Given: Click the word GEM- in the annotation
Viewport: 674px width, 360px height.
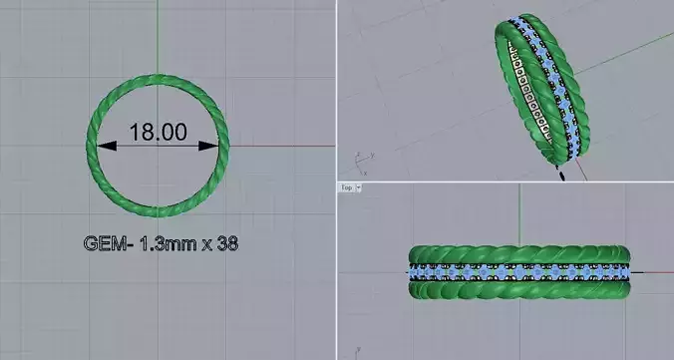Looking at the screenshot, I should [x=105, y=242].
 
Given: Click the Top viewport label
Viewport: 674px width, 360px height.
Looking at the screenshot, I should [x=346, y=187].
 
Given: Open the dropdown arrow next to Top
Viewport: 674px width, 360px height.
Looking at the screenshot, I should [x=358, y=187].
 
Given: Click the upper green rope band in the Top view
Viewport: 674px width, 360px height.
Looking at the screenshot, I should [x=518, y=254].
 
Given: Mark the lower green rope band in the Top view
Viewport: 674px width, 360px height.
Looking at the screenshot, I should [x=518, y=289].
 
